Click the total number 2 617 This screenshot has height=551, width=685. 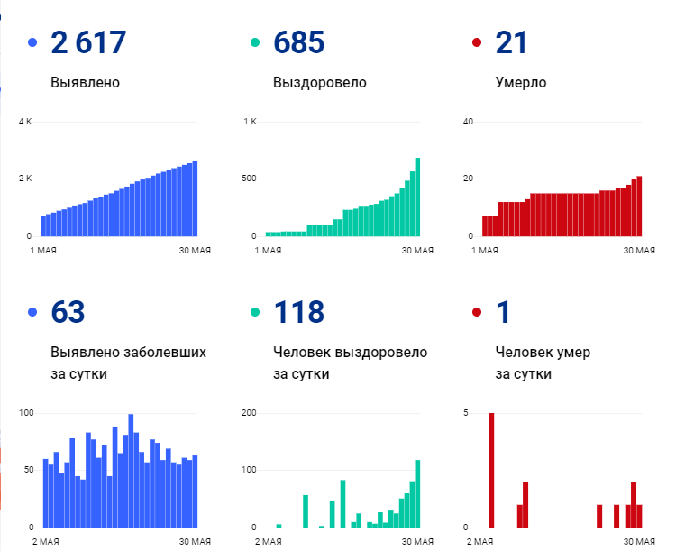pos(88,42)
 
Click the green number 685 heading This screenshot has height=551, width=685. pos(298,42)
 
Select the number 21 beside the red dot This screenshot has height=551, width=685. pos(511,42)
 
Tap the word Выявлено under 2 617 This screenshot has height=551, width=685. pos(86,83)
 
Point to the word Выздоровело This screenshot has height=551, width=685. pos(319,83)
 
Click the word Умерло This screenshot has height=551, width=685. pos(521,83)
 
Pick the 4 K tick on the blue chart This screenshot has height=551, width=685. pos(25,122)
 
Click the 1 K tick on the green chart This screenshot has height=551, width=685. pos(250,122)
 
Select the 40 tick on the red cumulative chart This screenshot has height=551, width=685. pos(468,122)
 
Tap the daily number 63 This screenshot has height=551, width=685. pos(68,312)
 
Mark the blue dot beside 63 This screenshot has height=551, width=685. pos(32,313)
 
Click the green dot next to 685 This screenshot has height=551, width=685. pos(255,42)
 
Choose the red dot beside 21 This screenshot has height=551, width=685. pos(477,42)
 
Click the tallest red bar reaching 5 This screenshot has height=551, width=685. pos(491,470)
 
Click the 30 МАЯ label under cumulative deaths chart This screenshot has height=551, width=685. pos(639,250)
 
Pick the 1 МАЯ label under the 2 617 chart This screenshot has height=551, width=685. pos(45,250)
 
